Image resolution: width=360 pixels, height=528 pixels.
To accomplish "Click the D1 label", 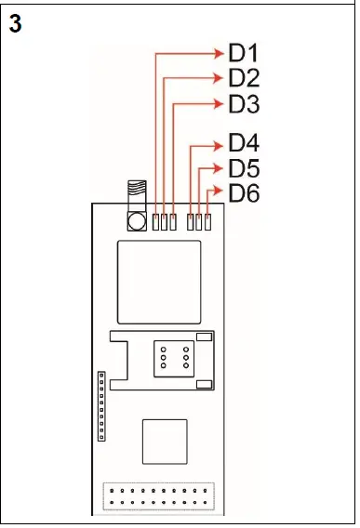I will point(244,53).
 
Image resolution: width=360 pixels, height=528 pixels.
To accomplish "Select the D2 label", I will point(244,78).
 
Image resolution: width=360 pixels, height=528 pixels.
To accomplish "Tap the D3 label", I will point(244,104).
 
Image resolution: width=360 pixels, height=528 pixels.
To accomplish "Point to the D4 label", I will point(244,144).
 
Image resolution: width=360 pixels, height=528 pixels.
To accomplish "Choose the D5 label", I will point(244,169).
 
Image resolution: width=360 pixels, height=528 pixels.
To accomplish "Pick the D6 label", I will point(244,194).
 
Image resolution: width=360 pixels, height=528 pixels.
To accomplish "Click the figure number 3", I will point(15,25).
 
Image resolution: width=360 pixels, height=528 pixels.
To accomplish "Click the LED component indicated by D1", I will point(155,221).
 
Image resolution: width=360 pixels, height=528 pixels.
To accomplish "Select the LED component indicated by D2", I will point(164,221).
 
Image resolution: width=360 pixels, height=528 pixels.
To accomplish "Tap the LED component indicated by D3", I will point(173,221).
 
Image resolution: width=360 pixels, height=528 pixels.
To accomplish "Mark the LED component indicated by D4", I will point(191,221).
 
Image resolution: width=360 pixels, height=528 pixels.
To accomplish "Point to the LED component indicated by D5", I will point(199,221).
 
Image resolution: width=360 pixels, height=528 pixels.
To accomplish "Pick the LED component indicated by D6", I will point(208,221).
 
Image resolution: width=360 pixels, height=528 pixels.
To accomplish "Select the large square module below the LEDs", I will point(159,280).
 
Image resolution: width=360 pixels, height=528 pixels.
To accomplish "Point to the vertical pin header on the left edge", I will point(102,405).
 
